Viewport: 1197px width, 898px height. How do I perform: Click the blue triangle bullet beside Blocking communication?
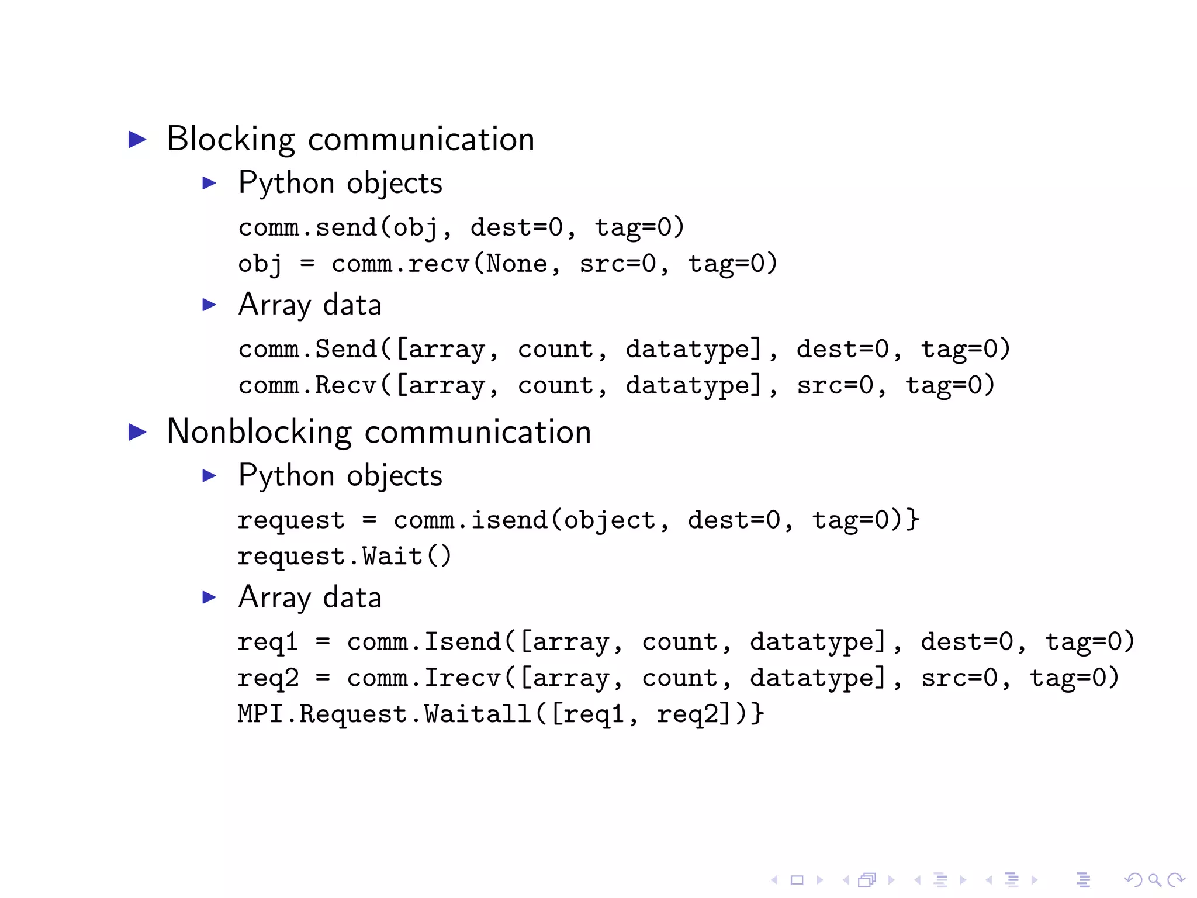click(x=137, y=139)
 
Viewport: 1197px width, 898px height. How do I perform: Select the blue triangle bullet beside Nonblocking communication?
click(x=137, y=432)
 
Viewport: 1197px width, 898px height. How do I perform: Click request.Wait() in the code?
click(x=344, y=556)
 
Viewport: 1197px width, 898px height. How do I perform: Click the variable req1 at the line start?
click(x=267, y=642)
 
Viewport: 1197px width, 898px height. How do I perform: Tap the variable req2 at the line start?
click(x=268, y=678)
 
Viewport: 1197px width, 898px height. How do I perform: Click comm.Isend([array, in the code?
click(x=485, y=642)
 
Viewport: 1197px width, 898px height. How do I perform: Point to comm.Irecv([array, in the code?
click(x=485, y=678)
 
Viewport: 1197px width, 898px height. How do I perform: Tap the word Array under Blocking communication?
click(x=274, y=305)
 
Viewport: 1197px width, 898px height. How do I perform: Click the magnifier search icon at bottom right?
click(x=1154, y=880)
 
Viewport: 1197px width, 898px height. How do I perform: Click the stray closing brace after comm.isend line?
click(x=913, y=520)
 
